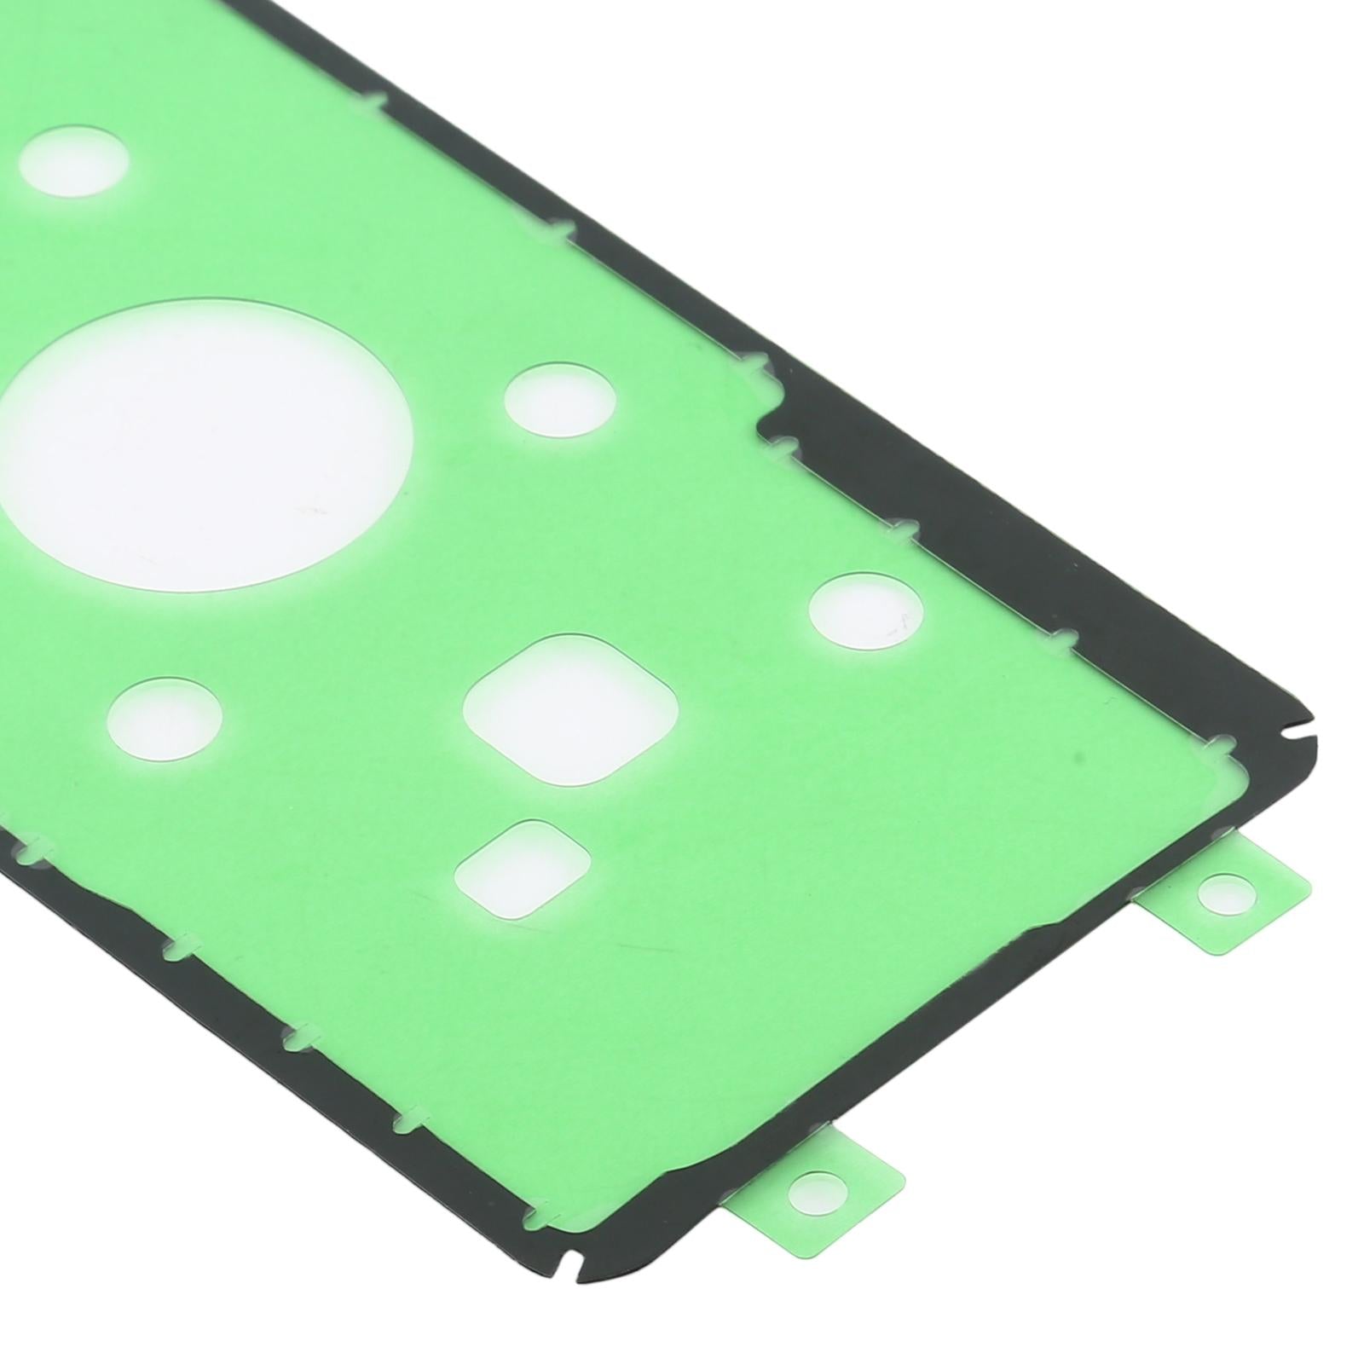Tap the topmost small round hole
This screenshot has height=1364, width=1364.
point(74,161)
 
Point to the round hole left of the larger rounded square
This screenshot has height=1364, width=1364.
point(167,716)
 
